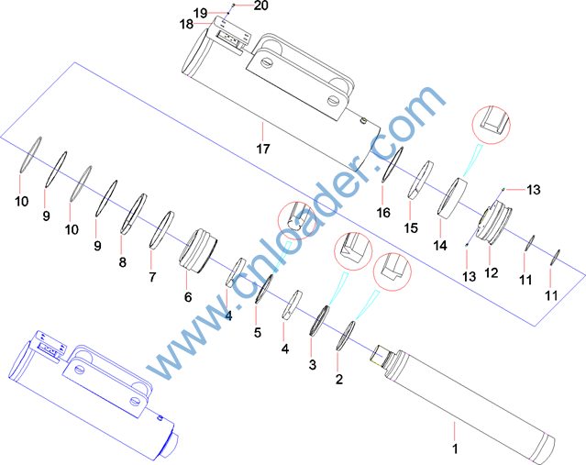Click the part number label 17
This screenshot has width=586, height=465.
coord(263,149)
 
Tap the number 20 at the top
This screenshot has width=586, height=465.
coord(260,6)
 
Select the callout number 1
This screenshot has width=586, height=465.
coord(455,448)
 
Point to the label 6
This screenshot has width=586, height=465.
coord(188,297)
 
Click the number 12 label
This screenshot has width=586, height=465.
coord(492,273)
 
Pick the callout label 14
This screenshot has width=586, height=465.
coord(440,246)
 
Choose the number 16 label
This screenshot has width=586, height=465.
coord(383,213)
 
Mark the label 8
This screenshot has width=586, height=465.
coord(123,262)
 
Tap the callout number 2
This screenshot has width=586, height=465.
coord(339,380)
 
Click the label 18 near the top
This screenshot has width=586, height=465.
coord(186,24)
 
